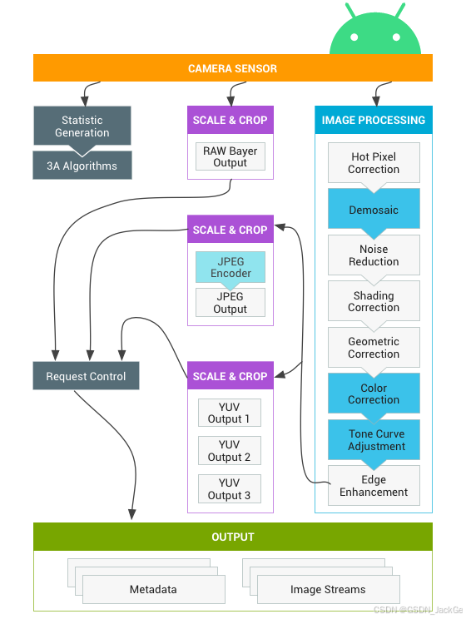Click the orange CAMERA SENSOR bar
(x=233, y=68)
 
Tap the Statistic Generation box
(x=82, y=126)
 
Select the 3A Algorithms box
(x=82, y=166)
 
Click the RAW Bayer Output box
(x=231, y=156)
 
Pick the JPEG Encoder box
(x=231, y=267)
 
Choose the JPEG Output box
(x=231, y=302)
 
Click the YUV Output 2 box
(x=230, y=450)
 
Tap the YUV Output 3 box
(x=230, y=488)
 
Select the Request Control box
(x=86, y=376)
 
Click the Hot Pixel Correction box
(x=374, y=162)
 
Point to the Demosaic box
(x=374, y=209)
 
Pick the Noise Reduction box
(x=374, y=255)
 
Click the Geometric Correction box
(x=374, y=348)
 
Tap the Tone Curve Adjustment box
(x=374, y=440)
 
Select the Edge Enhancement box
(x=374, y=486)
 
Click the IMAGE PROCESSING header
(x=374, y=120)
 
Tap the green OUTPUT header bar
(x=233, y=537)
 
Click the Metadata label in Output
(x=153, y=589)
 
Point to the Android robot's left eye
(x=354, y=37)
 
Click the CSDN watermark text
(x=419, y=610)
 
